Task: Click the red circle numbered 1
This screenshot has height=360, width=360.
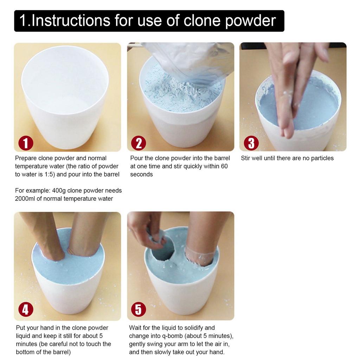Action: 26,143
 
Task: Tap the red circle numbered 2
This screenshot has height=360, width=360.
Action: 138,143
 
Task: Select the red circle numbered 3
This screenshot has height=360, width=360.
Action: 251,143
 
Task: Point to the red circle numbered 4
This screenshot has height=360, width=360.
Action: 26,309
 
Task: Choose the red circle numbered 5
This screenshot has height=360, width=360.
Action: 138,309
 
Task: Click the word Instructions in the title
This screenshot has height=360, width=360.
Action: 71,21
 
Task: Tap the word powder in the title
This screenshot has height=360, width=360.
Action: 250,21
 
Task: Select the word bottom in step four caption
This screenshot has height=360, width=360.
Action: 25,352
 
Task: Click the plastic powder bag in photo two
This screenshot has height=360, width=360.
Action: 190,60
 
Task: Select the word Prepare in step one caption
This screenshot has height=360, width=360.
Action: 26,158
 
